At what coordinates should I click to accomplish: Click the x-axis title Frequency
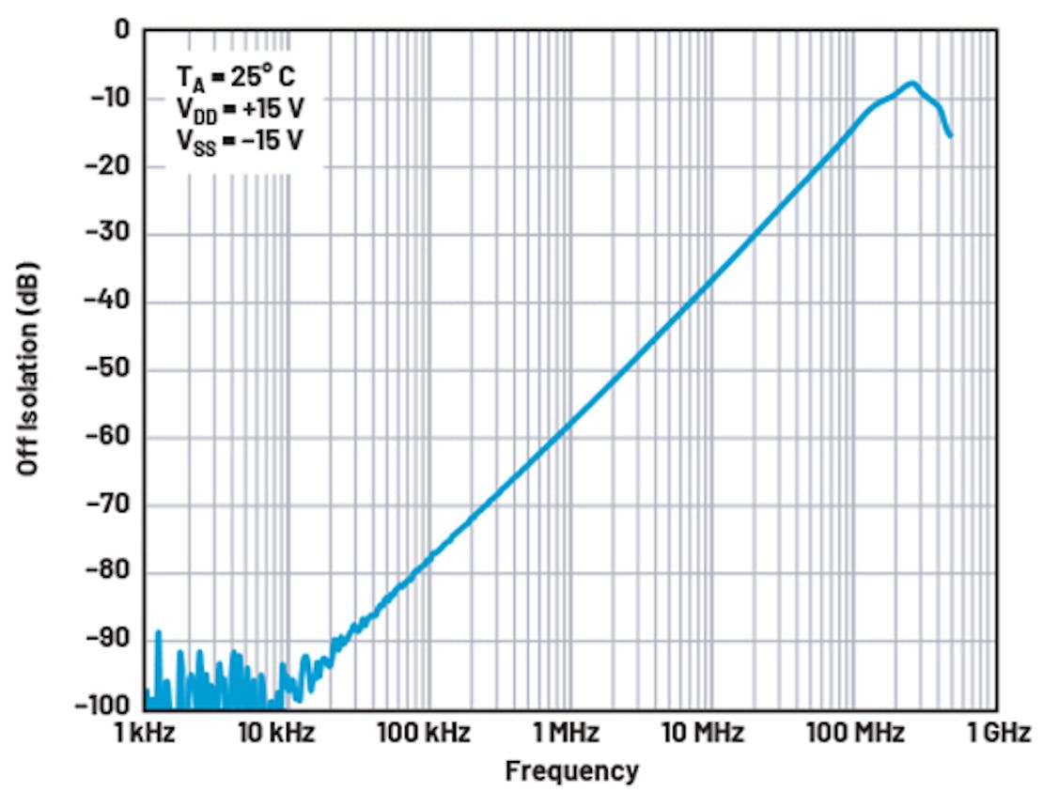coord(571,771)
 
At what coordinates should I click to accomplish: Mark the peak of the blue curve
coord(911,83)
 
